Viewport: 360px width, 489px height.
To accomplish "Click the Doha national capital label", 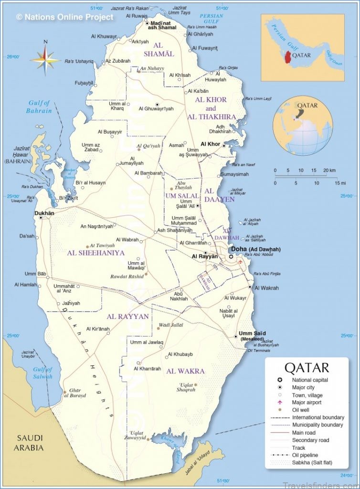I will [x=255, y=249].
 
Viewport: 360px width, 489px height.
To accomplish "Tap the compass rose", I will [x=45, y=60].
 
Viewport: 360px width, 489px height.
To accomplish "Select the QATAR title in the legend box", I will [x=307, y=368].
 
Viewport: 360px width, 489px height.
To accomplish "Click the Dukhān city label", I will [x=44, y=213].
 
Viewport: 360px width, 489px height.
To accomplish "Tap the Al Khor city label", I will [x=210, y=144].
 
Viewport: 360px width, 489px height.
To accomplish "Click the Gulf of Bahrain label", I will [x=39, y=107].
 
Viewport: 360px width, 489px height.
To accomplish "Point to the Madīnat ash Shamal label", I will [x=163, y=25].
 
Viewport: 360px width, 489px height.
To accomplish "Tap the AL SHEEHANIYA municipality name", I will [x=95, y=253].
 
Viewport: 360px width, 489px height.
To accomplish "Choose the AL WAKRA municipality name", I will [x=185, y=371].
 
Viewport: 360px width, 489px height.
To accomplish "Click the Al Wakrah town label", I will [x=266, y=288].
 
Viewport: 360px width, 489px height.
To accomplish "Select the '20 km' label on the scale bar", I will [x=329, y=170].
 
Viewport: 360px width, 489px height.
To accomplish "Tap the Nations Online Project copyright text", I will [x=65, y=17].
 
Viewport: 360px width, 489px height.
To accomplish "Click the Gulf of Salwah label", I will [x=43, y=373].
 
